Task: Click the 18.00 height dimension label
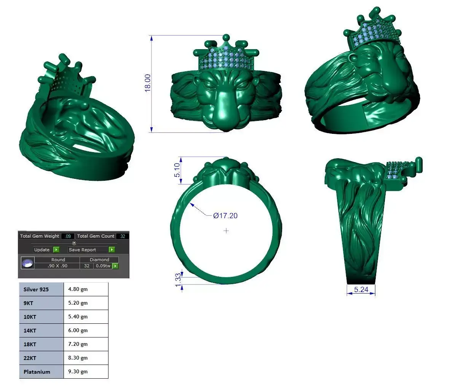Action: tap(148, 82)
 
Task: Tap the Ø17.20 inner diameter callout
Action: tap(225, 216)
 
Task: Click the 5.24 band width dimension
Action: tap(361, 290)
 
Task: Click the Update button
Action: tap(42, 250)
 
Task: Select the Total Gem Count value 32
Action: tap(123, 236)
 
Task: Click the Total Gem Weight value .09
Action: tap(69, 236)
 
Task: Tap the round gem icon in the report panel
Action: tap(27, 263)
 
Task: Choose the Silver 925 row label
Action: tap(36, 289)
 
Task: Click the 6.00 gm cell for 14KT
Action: tap(78, 331)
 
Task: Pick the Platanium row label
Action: tap(37, 372)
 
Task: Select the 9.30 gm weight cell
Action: tap(78, 372)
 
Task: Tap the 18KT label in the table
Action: tap(30, 344)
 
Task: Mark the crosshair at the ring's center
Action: tap(226, 231)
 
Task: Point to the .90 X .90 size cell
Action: tap(57, 266)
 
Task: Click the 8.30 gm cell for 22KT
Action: tap(78, 358)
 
